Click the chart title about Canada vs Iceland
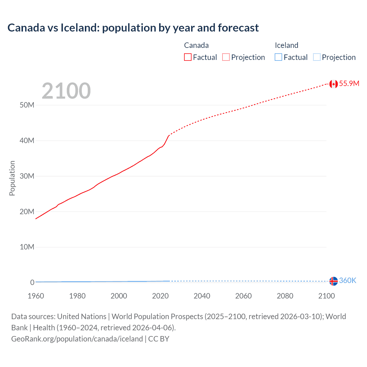133,28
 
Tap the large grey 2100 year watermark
66,91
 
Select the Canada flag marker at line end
333,84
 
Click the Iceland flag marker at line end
333,281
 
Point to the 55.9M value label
349,83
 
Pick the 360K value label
348,280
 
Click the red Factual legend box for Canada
188,57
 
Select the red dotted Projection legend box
226,57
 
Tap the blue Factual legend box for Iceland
278,57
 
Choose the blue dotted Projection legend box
317,57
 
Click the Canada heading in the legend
196,45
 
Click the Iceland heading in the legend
286,45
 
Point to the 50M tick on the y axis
27,105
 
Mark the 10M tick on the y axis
27,247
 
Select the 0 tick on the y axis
32,282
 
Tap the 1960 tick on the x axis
36,296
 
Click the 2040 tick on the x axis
202,296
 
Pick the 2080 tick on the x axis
285,296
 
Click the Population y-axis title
12,178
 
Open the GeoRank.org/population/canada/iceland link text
77,339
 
